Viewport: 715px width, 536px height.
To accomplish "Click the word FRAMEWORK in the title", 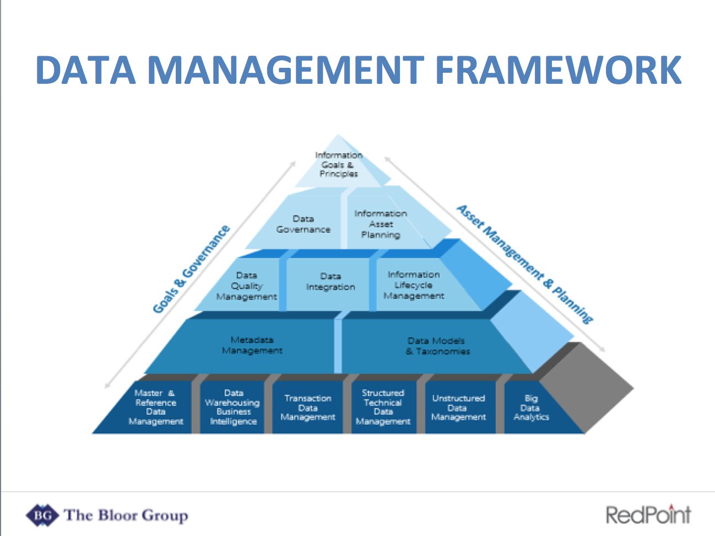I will [559, 69].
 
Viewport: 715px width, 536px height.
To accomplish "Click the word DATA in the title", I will [85, 69].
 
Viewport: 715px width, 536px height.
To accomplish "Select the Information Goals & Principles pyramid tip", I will [338, 164].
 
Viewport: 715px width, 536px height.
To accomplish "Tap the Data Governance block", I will [303, 224].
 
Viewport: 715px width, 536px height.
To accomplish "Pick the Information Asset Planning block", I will [381, 224].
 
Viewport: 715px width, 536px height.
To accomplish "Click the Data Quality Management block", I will [246, 286].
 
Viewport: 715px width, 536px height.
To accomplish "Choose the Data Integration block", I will [331, 282].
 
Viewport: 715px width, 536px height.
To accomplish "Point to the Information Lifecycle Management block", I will [414, 285].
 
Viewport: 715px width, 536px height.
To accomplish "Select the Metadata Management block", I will [252, 345].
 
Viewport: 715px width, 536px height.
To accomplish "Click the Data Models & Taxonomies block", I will [437, 346].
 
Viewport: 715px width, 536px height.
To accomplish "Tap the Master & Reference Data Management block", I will [155, 407].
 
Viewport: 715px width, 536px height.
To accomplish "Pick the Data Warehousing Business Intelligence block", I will [233, 407].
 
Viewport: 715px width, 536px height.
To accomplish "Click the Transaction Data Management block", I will [307, 408].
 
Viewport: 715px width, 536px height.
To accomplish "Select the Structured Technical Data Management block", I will [383, 407].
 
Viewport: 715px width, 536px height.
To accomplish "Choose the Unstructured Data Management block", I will [458, 408].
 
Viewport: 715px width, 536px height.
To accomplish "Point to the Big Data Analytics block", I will [530, 408].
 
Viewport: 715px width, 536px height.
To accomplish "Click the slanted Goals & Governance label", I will [191, 269].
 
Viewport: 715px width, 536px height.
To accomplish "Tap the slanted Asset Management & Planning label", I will [524, 264].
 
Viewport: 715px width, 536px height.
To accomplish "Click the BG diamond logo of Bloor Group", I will [42, 516].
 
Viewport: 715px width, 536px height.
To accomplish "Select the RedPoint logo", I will [648, 514].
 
